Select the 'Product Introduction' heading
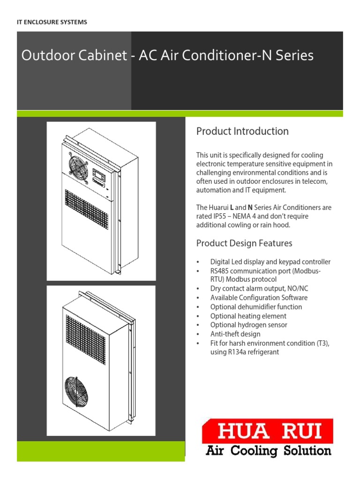click(242, 131)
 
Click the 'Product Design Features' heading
click(244, 243)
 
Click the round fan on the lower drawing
click(80, 391)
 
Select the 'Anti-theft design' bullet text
click(235, 334)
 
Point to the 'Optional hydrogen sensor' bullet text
click(248, 325)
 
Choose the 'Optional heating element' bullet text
click(248, 316)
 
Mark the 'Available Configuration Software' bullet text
click(259, 298)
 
